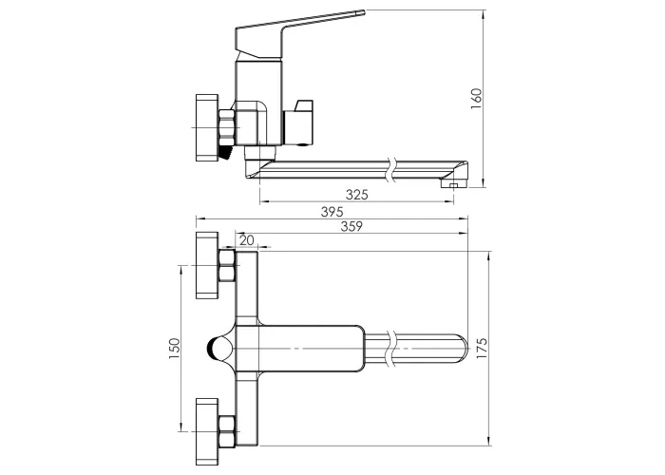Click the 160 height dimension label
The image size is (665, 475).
[476, 99]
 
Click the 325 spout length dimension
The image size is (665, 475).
[356, 195]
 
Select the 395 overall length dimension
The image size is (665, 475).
[332, 212]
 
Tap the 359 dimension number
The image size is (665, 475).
[351, 226]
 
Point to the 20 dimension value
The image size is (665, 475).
[246, 240]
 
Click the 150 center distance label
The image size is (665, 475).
[174, 349]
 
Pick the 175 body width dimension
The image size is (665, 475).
[482, 349]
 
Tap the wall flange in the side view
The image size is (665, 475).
[207, 127]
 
